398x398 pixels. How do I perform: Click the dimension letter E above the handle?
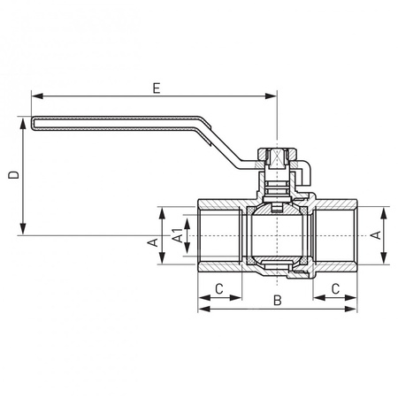click(155, 88)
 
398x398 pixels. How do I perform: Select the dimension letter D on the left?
click(12, 176)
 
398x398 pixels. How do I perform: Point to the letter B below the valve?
click(276, 302)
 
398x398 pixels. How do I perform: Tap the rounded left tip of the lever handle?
click(33, 124)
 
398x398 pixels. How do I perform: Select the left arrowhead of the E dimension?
click(35, 96)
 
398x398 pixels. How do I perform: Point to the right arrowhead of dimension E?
click(272, 96)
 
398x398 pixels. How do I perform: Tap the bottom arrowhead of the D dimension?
click(22, 232)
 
